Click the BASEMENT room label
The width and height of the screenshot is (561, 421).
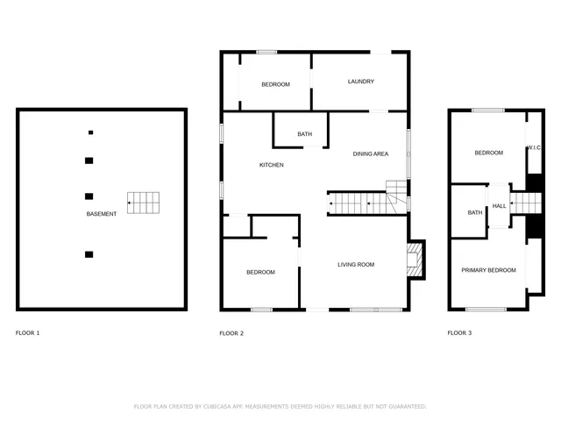coord(101,214)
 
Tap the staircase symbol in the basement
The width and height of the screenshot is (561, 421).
coord(145,203)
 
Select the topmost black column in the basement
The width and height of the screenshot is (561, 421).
coord(90,132)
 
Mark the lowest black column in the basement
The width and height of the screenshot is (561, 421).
coord(89,254)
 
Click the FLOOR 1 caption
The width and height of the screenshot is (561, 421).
coord(28,333)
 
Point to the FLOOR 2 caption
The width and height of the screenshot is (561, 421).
coord(231,333)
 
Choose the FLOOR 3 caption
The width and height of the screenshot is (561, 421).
coord(459,333)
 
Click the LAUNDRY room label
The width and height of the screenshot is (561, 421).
coord(360,82)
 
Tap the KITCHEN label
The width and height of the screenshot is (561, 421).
coord(271,165)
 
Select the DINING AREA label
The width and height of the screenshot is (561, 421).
coord(371,154)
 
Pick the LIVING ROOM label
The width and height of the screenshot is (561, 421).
coord(356,264)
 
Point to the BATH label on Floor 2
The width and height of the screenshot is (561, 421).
coord(304,134)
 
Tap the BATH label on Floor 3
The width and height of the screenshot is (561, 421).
coord(474,212)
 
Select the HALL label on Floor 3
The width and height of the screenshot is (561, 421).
coord(499,206)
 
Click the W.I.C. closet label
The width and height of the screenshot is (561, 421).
coord(533,148)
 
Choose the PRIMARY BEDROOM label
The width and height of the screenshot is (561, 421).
coord(488,270)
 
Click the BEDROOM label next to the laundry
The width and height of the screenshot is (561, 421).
coord(275,84)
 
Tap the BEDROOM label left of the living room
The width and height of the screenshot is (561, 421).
coord(260,272)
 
